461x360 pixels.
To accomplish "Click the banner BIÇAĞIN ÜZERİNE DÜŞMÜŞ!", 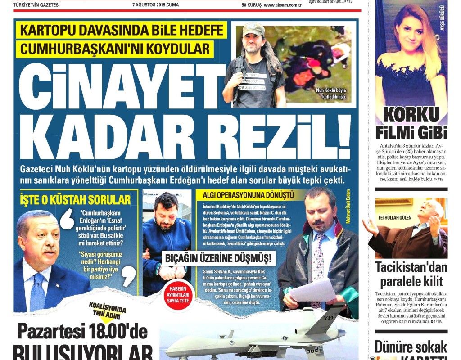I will click(x=217, y=259).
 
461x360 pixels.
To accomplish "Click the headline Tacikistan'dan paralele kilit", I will click(x=411, y=275).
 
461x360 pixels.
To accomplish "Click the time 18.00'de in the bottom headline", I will click(x=114, y=333).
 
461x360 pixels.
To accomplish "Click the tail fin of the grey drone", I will click(x=330, y=315).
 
